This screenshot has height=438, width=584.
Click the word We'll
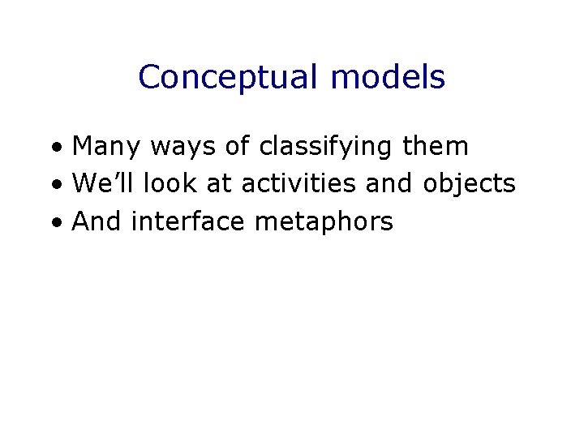click(103, 184)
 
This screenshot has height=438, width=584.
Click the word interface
click(187, 221)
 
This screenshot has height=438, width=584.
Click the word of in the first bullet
click(238, 147)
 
